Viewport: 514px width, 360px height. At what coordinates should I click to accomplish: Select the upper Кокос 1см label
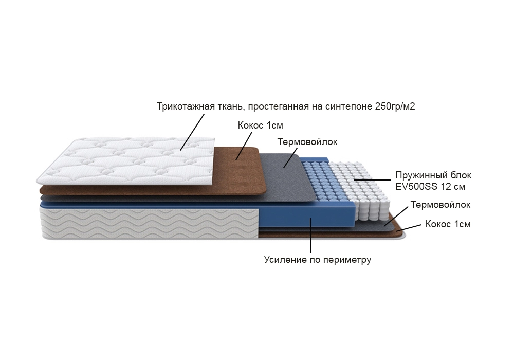click(x=260, y=125)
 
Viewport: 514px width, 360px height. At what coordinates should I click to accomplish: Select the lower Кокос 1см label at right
click(x=448, y=224)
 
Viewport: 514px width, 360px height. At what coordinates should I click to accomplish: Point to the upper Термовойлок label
click(x=307, y=142)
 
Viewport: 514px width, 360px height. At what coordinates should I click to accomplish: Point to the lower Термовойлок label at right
click(x=440, y=205)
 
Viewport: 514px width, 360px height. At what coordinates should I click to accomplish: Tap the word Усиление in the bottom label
click(x=285, y=260)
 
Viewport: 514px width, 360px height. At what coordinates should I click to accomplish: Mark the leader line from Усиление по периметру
click(x=310, y=235)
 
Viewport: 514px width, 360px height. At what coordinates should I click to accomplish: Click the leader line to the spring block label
click(x=372, y=180)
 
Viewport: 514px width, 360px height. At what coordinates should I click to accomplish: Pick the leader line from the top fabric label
click(x=192, y=132)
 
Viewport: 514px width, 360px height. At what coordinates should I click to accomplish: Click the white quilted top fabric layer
click(x=126, y=160)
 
